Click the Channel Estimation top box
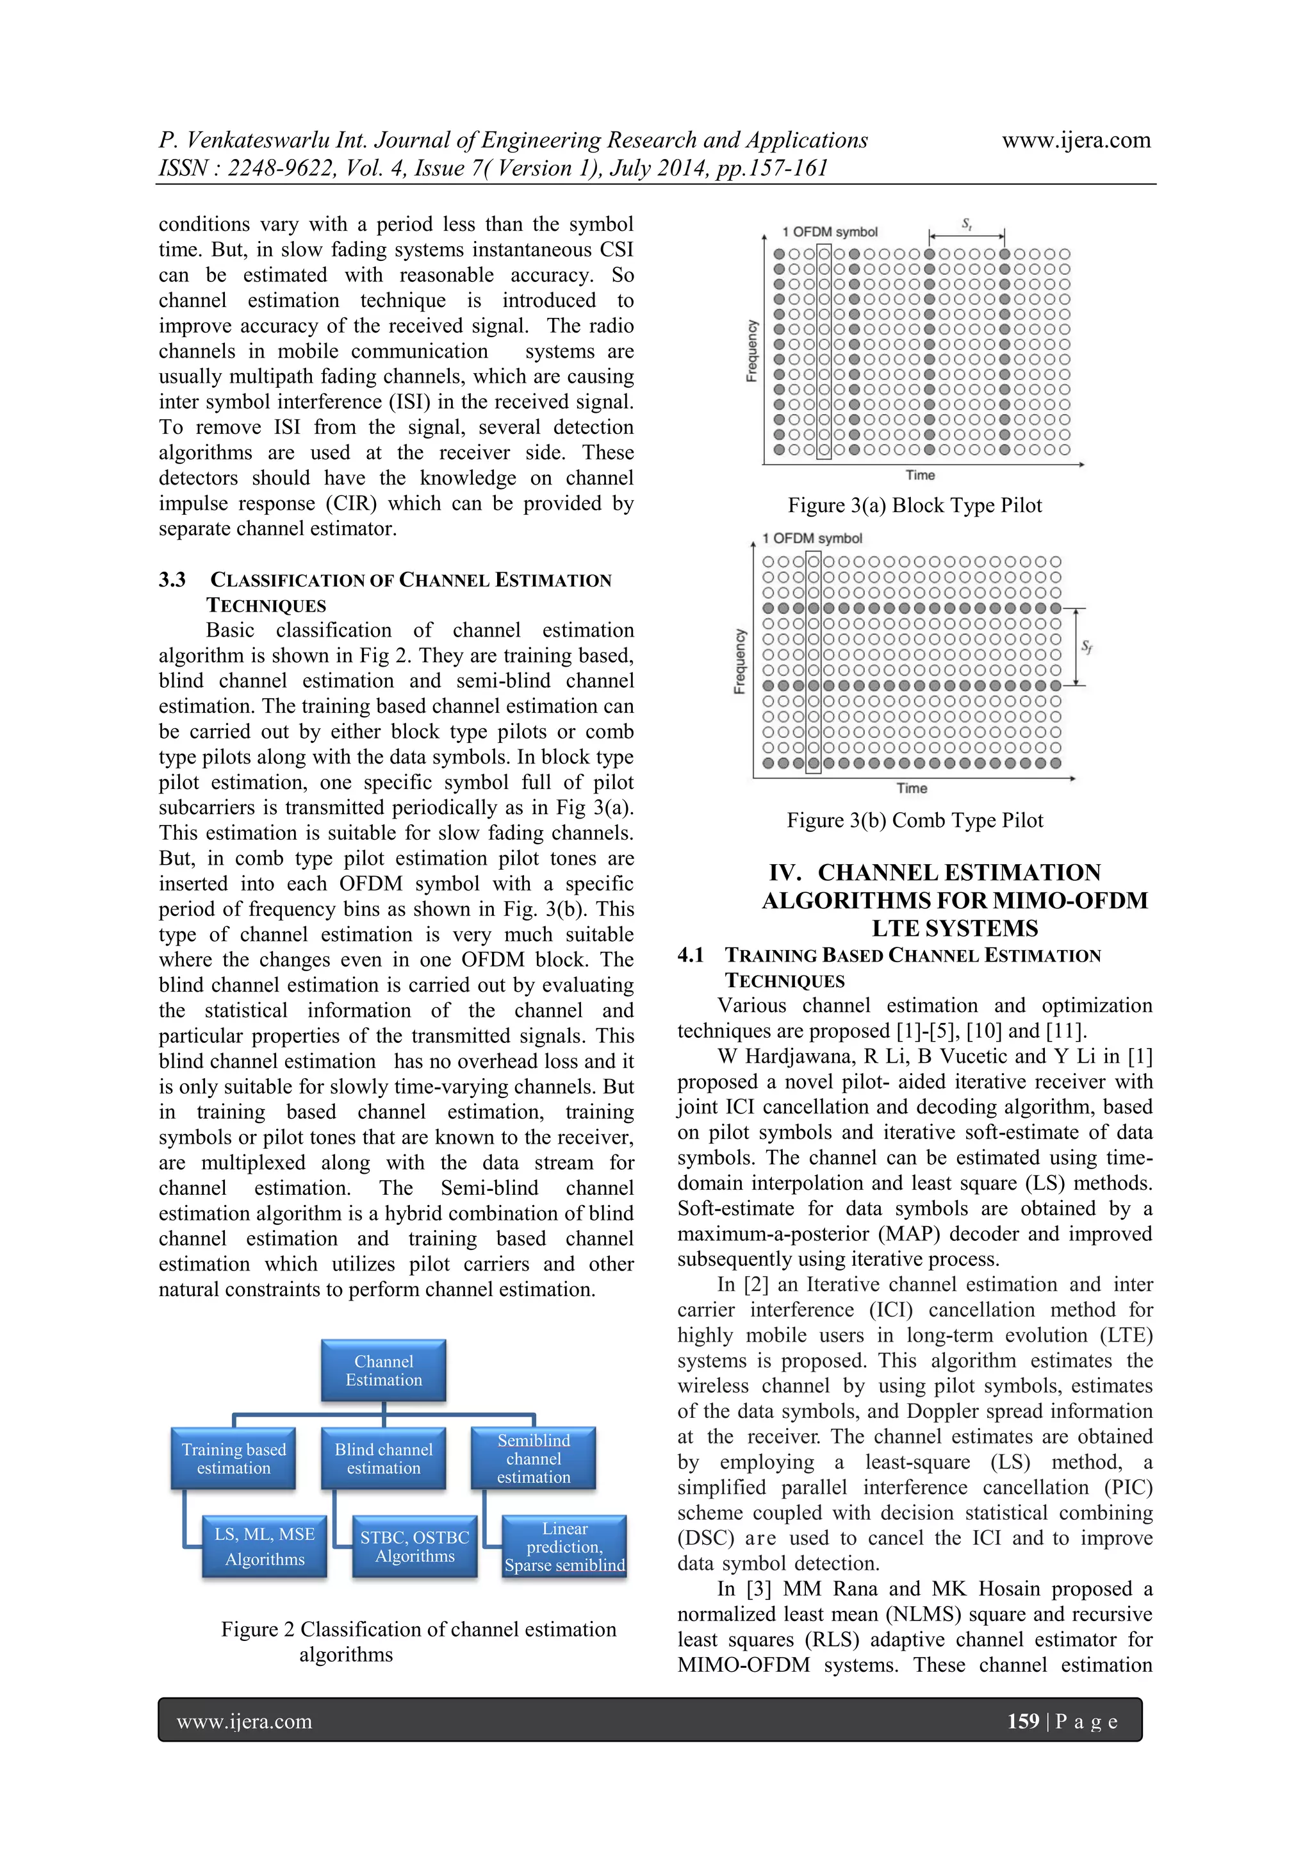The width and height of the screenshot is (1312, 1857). (383, 1370)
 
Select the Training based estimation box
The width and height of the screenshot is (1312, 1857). (234, 1458)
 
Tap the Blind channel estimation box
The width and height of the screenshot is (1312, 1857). (383, 1458)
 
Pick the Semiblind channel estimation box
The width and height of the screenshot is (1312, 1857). (534, 1458)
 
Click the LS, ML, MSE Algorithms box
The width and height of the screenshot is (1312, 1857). (265, 1546)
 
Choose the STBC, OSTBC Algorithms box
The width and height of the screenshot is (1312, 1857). (414, 1546)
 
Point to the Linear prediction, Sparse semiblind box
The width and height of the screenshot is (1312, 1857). (564, 1546)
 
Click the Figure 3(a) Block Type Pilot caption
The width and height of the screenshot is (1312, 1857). (914, 506)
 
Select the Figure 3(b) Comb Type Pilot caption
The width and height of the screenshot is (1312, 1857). (914, 820)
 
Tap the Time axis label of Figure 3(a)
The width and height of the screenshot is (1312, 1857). (920, 475)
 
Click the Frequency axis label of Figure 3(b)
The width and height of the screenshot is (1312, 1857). (739, 661)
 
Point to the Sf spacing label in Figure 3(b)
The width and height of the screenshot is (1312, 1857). (1087, 646)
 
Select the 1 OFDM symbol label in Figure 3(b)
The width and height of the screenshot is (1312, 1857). (812, 538)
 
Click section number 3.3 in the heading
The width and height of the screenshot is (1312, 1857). (172, 580)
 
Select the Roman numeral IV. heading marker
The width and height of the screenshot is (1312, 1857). (785, 872)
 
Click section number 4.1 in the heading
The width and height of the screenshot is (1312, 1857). (691, 955)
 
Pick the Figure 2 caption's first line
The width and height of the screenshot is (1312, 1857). (419, 1629)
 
